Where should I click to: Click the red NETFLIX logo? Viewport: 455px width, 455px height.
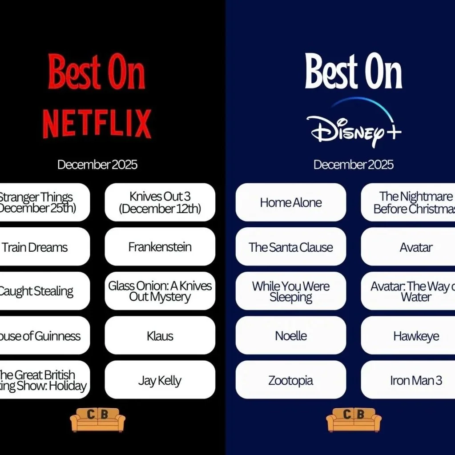point(97,124)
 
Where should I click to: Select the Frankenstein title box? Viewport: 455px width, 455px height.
point(160,247)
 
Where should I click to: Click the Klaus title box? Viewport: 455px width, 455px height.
point(160,336)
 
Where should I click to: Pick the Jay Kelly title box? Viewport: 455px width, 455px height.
point(160,380)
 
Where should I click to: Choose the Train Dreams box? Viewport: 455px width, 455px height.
point(40,247)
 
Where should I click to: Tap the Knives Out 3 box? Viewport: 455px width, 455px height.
point(160,202)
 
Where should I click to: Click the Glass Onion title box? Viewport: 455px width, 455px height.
point(160,291)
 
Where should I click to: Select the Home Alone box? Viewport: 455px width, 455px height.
point(291,202)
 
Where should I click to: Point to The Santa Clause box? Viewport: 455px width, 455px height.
point(291,247)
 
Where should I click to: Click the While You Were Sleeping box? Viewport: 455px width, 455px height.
point(291,291)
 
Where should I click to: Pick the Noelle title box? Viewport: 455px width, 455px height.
point(291,336)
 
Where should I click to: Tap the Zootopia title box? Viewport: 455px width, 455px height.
point(291,380)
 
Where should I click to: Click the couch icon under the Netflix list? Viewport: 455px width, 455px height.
point(98,419)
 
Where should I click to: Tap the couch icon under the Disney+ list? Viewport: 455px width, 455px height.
point(354,419)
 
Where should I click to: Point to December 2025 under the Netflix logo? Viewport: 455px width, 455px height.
point(97,165)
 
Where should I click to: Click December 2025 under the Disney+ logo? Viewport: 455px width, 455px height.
point(354,165)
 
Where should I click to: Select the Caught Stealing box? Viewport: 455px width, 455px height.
point(40,291)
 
